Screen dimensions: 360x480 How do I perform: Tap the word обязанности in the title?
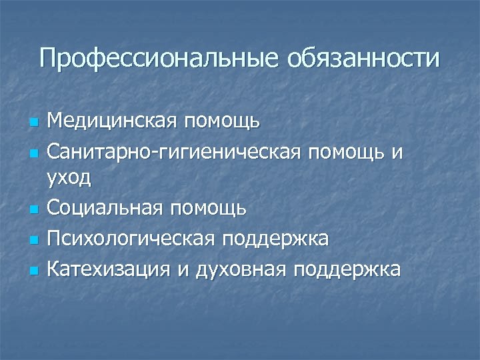click(364, 58)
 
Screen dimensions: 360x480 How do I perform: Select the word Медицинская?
click(114, 122)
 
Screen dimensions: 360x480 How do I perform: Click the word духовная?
click(234, 270)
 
